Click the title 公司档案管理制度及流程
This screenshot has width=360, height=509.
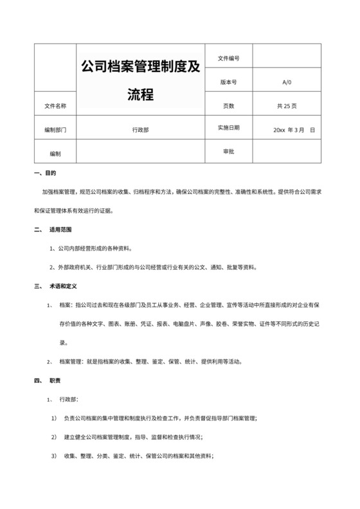140,80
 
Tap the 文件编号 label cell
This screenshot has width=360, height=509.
228,58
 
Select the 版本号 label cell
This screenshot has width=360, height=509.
228,82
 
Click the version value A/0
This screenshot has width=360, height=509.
287,82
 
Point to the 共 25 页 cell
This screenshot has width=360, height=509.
287,105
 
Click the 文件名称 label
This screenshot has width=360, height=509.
55,105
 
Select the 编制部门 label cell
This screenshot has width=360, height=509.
55,129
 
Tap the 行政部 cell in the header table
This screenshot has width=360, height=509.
140,129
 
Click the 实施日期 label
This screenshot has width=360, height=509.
228,128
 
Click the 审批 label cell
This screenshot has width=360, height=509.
228,151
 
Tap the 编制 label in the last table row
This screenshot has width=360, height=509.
55,154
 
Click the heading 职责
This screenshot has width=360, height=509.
55,380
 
